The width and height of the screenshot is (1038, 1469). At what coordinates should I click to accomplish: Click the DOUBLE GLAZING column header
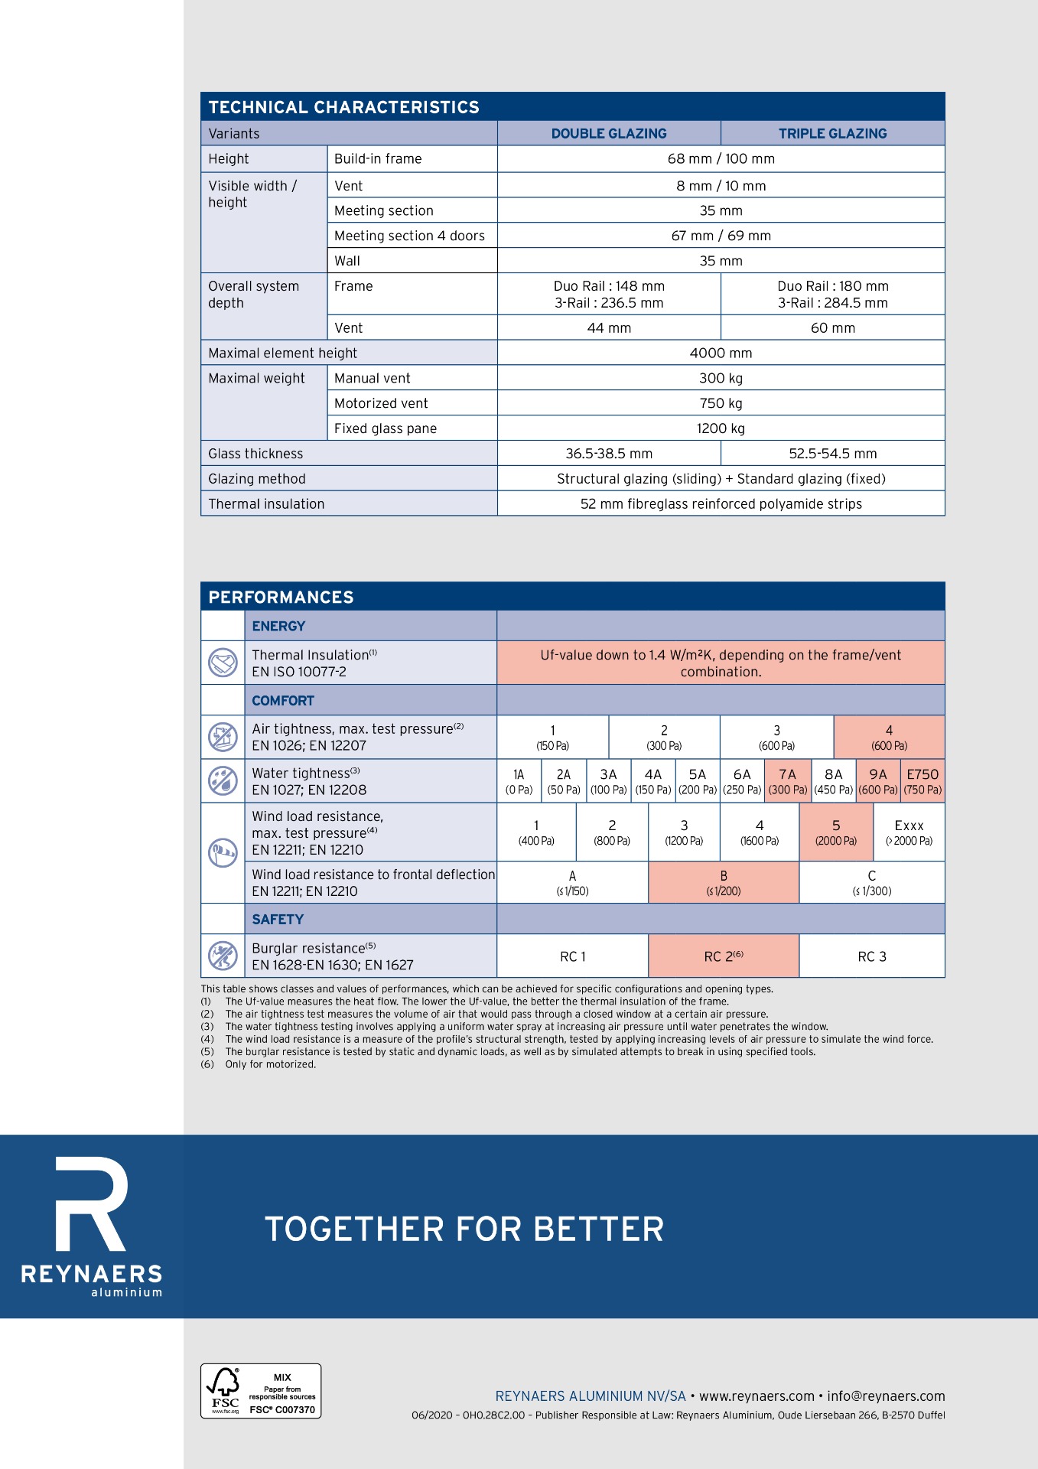point(609,133)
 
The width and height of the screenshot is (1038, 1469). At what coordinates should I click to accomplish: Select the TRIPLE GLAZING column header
point(832,133)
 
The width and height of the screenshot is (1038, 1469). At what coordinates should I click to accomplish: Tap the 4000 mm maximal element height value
point(721,353)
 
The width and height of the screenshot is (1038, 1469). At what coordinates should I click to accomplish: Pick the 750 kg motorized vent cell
point(721,403)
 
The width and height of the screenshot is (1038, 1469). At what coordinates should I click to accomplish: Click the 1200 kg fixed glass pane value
point(721,428)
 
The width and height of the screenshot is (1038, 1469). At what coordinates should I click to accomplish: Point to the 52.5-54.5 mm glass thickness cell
point(832,454)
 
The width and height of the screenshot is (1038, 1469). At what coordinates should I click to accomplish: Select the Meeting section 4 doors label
point(409,236)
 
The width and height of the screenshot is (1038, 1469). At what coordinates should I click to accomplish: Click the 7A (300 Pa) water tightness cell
point(787,781)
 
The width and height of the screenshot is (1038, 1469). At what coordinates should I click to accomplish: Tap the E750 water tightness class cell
point(922,781)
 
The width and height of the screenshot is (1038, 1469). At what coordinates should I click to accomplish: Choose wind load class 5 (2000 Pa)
point(836,832)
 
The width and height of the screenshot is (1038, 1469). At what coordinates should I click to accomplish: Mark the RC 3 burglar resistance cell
point(871,956)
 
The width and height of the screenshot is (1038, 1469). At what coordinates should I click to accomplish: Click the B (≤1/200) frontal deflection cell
point(723,883)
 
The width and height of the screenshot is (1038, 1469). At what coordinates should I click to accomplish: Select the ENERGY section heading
point(278,626)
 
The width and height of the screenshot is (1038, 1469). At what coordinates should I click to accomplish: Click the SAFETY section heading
point(278,920)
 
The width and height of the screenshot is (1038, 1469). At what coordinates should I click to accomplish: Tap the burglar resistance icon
point(223,956)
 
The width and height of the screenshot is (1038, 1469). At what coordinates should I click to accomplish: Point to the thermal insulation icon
point(223,662)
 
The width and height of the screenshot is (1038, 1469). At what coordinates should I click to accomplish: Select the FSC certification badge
point(261,1390)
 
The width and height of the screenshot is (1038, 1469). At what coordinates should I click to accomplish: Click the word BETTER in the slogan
point(598,1230)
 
